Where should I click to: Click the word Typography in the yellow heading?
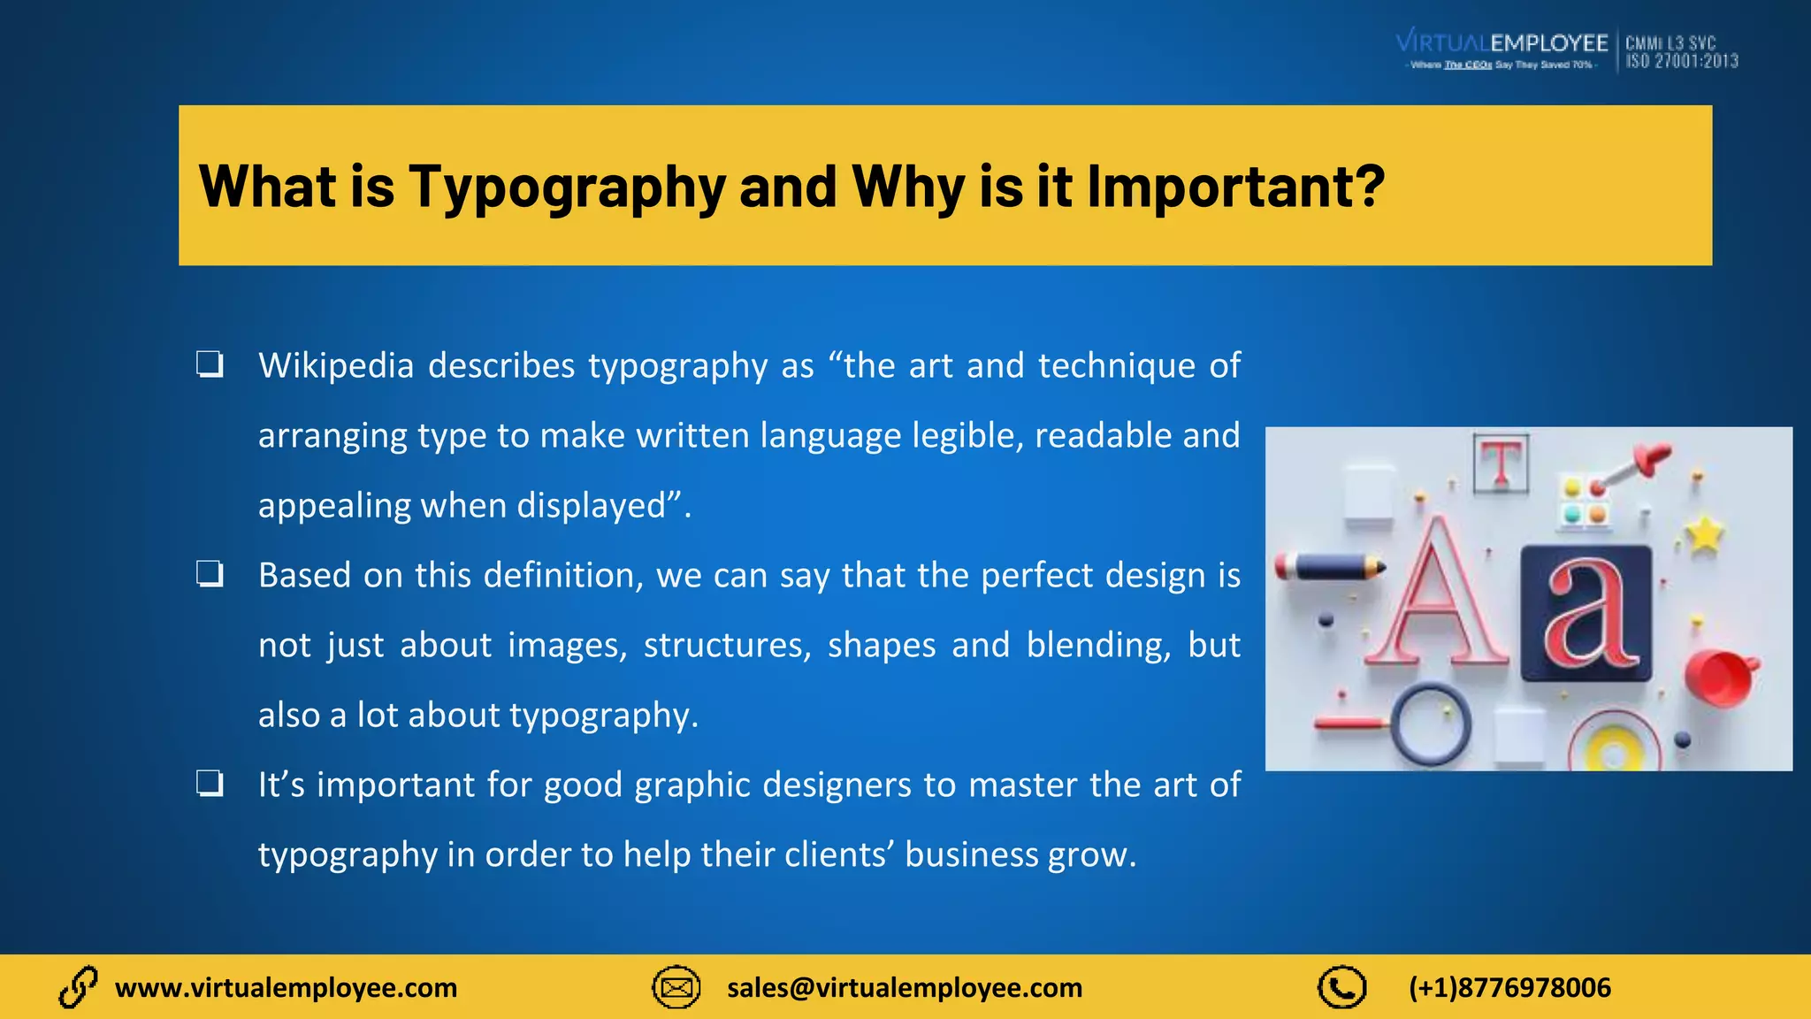(566, 188)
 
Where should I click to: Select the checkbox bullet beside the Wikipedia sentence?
(210, 364)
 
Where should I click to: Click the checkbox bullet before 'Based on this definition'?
(210, 574)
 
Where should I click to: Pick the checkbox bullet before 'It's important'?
(210, 784)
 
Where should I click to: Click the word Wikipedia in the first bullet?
(336, 365)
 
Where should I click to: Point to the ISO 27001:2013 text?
(1682, 61)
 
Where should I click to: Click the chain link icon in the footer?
(78, 987)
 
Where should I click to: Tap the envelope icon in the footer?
(676, 987)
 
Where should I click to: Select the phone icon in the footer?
(1341, 987)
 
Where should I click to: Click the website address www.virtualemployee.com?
(286, 987)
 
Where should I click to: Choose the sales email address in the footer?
(905, 987)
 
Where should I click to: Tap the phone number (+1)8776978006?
(1509, 987)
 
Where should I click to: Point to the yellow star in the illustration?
(1705, 533)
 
